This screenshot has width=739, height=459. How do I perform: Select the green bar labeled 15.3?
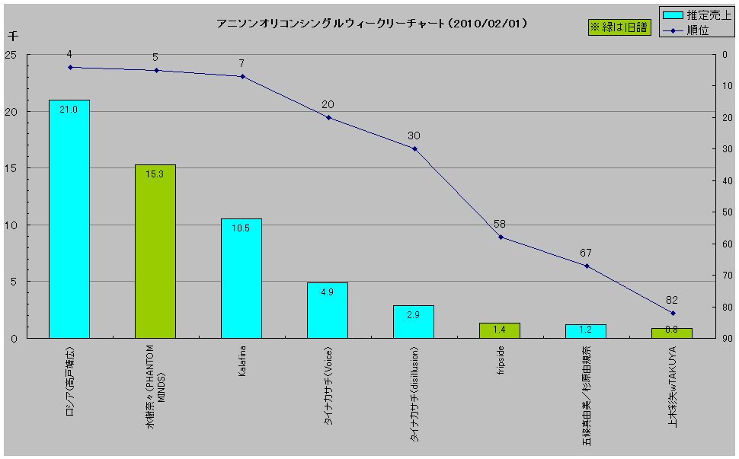[x=155, y=251]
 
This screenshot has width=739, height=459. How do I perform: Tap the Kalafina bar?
[x=242, y=278]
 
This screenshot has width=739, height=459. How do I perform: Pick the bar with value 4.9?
[x=328, y=310]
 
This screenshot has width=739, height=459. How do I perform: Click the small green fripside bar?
[x=500, y=330]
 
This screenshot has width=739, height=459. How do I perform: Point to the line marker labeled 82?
[x=673, y=313]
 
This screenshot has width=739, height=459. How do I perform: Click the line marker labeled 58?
[x=501, y=237]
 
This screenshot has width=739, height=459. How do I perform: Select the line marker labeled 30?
[x=414, y=148]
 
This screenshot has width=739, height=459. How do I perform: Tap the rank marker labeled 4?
[x=70, y=67]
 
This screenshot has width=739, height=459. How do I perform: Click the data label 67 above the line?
[x=585, y=253]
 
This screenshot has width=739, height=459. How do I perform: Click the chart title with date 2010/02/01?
[x=373, y=24]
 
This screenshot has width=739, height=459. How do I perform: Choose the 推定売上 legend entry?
[x=693, y=14]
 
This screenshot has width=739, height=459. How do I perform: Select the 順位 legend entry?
[x=693, y=30]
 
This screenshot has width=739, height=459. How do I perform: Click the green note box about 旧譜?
[x=619, y=27]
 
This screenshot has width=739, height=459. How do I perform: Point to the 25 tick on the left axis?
[x=13, y=55]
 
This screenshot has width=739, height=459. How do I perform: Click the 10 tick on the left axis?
[x=13, y=225]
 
